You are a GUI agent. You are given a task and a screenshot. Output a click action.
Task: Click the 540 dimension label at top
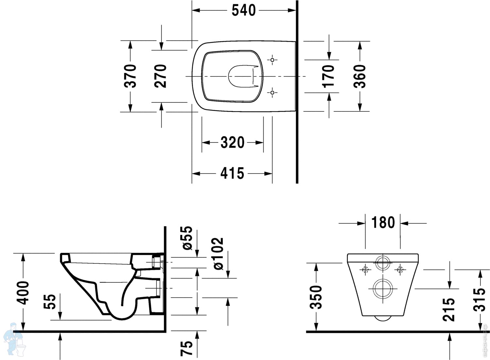243,10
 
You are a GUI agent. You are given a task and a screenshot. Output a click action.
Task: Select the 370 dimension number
130,76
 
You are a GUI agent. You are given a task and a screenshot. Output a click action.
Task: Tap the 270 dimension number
160,76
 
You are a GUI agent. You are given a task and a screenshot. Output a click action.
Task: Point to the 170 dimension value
329,76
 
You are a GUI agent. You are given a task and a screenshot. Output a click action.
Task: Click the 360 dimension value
360,76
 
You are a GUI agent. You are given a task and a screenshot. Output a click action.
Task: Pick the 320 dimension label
232,142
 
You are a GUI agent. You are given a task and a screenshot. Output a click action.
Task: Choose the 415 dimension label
232,173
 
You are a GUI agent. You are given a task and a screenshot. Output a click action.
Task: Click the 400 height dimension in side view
23,293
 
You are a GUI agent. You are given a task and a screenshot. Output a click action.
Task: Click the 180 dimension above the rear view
383,222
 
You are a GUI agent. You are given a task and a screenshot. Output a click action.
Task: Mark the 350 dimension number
316,297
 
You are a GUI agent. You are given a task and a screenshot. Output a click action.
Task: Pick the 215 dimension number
449,309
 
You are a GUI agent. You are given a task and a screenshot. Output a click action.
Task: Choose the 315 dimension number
479,300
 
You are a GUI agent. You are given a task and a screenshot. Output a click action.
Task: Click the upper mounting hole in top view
272,60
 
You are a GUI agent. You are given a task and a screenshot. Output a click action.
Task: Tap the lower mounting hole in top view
272,93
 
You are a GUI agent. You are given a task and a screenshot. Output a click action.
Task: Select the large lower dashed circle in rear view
383,289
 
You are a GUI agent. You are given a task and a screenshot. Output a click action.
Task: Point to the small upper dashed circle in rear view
383,263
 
